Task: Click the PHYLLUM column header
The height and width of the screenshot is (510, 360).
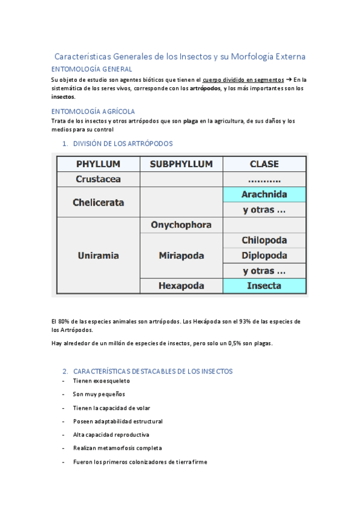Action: [x=98, y=164]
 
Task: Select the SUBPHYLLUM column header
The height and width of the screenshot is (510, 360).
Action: [x=181, y=164]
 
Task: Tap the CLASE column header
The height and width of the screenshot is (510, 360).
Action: [x=264, y=164]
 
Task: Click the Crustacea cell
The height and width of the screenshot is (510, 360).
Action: [x=98, y=179]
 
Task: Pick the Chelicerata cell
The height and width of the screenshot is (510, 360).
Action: [x=98, y=202]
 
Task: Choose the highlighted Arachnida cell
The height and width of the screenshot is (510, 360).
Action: [x=264, y=194]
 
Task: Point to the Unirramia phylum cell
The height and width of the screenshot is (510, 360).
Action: [x=98, y=256]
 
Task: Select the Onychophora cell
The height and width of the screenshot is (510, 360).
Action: [x=181, y=225]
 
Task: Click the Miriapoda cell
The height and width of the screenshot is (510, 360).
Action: [x=181, y=256]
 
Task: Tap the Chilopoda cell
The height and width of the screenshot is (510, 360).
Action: [x=264, y=240]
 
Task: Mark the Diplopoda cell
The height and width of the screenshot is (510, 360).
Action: [x=264, y=255]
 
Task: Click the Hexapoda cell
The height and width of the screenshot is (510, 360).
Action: [x=181, y=286]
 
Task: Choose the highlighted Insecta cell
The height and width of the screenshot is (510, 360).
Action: [x=264, y=286]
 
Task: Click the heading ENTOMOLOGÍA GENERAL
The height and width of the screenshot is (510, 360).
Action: [x=91, y=69]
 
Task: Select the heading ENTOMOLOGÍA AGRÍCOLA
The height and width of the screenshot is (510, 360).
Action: [x=93, y=111]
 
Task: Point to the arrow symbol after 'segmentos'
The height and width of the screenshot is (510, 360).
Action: [x=288, y=79]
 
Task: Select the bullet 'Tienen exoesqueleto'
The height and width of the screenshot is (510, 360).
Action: [x=101, y=381]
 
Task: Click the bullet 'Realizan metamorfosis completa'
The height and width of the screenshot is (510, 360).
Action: [x=117, y=448]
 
